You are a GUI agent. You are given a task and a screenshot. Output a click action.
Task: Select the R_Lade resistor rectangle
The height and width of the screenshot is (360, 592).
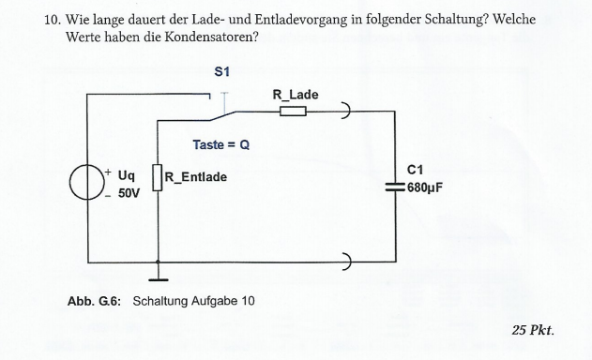[x=293, y=111]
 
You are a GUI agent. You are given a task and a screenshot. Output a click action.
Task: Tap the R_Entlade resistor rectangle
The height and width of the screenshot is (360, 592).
[x=158, y=177]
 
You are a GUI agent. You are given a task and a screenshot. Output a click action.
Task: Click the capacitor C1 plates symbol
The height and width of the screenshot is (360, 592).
[x=395, y=187]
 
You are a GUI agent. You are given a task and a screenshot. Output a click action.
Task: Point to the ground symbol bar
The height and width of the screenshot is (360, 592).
[x=159, y=280]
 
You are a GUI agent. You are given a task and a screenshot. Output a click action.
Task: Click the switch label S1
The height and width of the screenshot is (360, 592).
[x=221, y=71]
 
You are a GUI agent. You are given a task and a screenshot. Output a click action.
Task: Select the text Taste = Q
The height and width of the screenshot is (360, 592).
[x=221, y=145]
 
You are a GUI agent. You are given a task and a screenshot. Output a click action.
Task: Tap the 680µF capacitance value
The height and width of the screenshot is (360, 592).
[x=425, y=187]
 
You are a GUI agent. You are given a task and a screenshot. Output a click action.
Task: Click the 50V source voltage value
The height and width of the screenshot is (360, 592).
[x=129, y=193]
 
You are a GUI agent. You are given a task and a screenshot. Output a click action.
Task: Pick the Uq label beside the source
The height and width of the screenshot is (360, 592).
[x=127, y=175]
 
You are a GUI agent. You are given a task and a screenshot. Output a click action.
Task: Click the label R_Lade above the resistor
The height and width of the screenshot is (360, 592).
[x=296, y=95]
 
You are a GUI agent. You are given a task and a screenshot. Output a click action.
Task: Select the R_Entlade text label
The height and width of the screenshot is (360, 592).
[x=196, y=177]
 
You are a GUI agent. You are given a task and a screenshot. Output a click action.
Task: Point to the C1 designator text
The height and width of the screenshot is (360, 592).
[x=416, y=171]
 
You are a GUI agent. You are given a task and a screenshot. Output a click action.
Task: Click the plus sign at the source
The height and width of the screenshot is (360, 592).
[x=108, y=172]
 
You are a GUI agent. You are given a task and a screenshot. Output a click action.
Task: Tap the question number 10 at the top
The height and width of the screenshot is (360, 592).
[x=53, y=20]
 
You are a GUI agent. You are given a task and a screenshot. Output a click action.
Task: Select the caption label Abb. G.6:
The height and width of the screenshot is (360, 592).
[x=95, y=301]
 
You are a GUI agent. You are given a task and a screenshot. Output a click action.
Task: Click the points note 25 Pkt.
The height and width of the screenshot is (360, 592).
[x=533, y=331]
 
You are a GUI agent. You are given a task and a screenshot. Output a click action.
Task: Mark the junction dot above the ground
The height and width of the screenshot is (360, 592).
[x=158, y=262]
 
